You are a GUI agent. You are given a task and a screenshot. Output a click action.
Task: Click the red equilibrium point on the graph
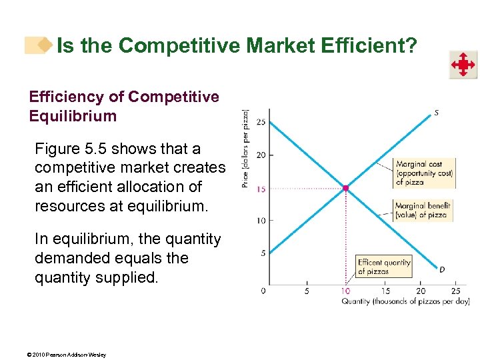(x=345, y=189)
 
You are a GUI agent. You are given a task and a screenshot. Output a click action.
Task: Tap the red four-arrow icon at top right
(x=462, y=65)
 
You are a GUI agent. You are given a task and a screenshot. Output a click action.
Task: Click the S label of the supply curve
(x=436, y=113)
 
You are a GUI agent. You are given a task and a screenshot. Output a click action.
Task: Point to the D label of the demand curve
(x=441, y=269)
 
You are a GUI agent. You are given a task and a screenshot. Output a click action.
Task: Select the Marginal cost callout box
(x=424, y=173)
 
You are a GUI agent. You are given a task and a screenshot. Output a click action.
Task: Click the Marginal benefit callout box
(x=423, y=210)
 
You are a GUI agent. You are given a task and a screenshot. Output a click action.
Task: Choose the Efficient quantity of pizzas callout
(x=383, y=267)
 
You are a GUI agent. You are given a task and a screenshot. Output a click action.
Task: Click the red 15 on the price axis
(x=261, y=189)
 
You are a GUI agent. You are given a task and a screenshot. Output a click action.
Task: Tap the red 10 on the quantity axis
(x=346, y=290)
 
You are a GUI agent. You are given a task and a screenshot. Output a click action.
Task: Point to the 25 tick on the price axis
(x=261, y=123)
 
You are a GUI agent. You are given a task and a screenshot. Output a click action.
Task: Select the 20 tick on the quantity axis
(x=421, y=290)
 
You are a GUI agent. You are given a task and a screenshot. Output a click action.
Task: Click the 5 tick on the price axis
(x=263, y=253)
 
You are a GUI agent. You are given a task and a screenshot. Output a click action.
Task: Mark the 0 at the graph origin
(x=263, y=290)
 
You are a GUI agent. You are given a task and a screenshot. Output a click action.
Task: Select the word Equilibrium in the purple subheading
(x=73, y=116)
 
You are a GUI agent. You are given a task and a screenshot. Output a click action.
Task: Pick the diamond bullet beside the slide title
(x=45, y=45)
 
